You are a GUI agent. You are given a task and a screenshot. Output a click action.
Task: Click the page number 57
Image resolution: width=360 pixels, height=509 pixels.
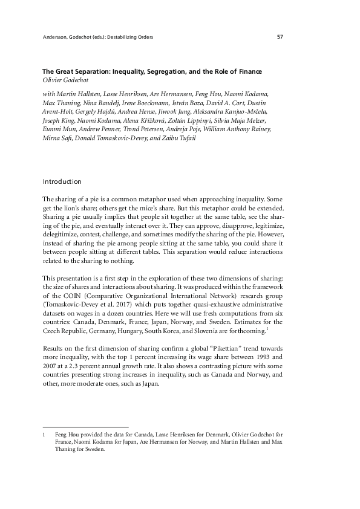280,37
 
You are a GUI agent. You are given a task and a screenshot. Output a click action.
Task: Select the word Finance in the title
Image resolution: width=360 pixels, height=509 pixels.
248,72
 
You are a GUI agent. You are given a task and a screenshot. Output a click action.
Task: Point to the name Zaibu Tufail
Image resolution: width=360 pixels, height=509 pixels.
197,138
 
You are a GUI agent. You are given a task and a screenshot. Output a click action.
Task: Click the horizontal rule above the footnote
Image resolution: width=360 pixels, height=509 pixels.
86,427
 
